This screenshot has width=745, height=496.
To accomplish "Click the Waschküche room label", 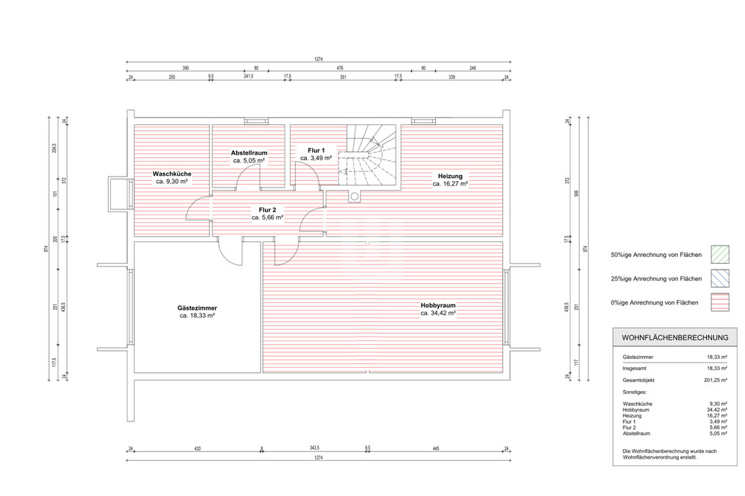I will click(x=171, y=173).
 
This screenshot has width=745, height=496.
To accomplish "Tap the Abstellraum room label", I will click(x=249, y=153).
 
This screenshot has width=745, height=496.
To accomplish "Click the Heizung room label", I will click(x=449, y=175).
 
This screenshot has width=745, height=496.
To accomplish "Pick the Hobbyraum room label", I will click(x=437, y=305).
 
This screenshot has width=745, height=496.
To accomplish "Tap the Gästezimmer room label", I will click(x=197, y=308).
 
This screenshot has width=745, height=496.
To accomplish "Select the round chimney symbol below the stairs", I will click(x=355, y=197).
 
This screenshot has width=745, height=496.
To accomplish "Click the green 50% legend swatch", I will click(x=720, y=255).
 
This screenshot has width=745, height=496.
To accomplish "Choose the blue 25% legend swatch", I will click(x=720, y=279).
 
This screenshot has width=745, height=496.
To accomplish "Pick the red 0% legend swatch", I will click(x=720, y=302).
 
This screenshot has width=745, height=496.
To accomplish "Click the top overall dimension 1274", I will click(x=319, y=57).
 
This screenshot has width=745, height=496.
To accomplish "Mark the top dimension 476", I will click(x=340, y=68).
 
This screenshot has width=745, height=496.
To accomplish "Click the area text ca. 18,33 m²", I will click(x=197, y=316).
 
